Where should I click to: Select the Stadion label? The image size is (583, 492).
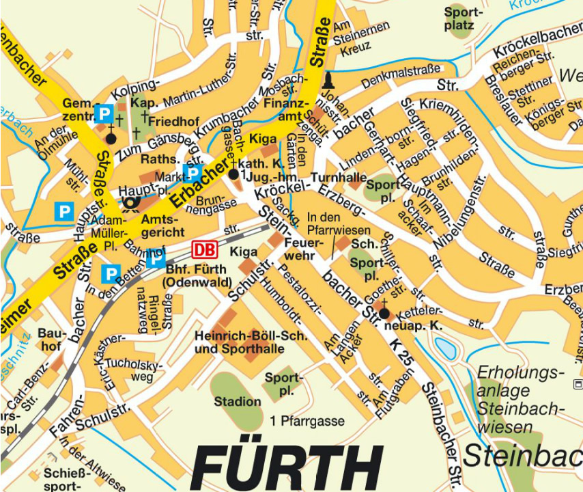coord(238,402)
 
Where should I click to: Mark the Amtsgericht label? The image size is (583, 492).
coord(158,227)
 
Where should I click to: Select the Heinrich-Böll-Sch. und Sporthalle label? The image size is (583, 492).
coord(251,343)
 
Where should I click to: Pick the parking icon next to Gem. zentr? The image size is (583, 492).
coord(104,113)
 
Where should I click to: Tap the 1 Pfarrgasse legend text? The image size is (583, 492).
coord(307,420)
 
